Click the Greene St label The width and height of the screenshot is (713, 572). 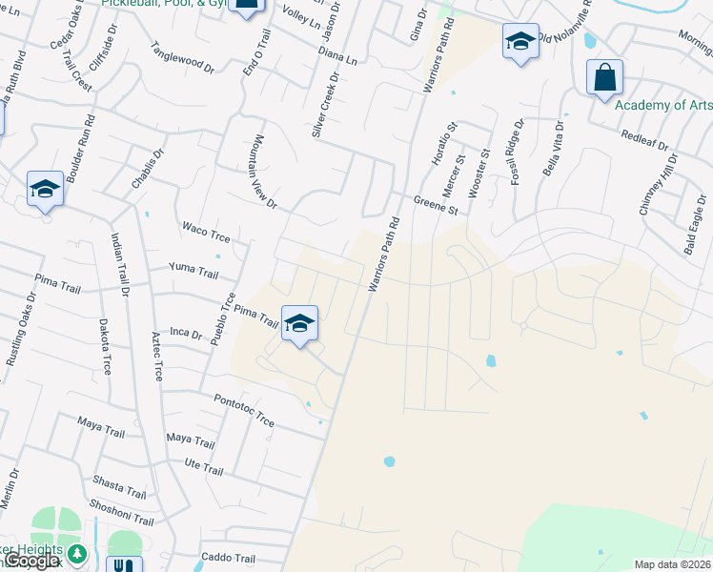coord(436,204)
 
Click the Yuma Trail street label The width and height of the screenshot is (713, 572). coord(194,272)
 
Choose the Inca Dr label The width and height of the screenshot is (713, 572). coord(186,334)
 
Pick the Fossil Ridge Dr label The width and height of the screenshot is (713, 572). coord(518,153)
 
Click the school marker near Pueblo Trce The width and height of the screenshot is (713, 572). coord(299,324)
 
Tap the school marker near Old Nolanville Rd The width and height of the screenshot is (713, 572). coord(520,42)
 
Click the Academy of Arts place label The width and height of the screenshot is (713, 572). coord(662,105)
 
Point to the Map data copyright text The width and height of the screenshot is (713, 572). coord(672,564)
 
